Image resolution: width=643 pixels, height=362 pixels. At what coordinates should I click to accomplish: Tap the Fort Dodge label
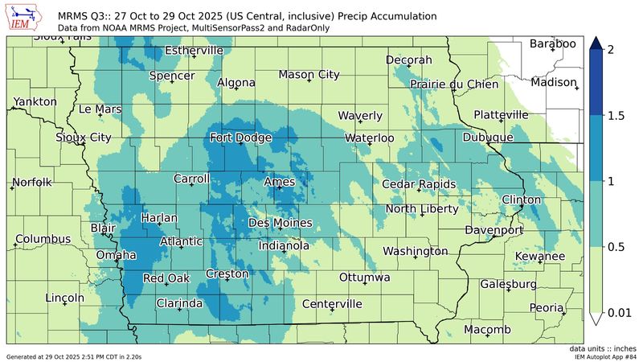(x=241, y=138)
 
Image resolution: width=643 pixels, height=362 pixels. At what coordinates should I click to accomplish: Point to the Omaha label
(x=116, y=256)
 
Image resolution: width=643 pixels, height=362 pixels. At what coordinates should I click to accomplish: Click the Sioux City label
(x=84, y=138)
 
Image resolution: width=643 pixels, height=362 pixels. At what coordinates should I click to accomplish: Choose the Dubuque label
(x=488, y=138)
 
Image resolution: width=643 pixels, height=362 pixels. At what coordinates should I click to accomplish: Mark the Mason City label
(x=309, y=75)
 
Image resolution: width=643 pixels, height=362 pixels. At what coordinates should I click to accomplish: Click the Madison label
(x=554, y=83)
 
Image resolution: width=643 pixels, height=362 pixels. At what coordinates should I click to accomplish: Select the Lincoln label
(x=65, y=298)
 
